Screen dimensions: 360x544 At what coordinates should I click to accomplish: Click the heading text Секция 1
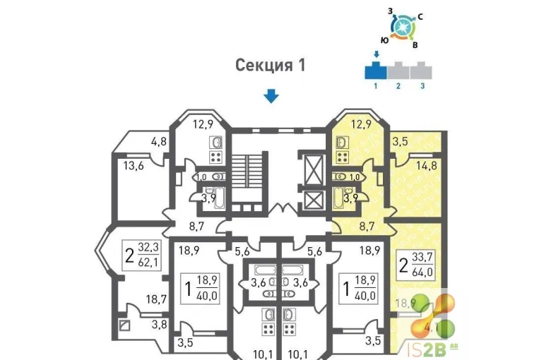(271, 66)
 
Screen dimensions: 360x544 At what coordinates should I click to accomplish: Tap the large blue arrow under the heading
(271, 96)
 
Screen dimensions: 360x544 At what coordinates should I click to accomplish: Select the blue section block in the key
(376, 71)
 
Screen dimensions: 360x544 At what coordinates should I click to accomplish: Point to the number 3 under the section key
(422, 86)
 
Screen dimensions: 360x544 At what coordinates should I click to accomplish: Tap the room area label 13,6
(134, 167)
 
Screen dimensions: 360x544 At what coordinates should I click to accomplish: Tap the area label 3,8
(159, 325)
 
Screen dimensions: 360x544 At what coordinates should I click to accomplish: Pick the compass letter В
(415, 45)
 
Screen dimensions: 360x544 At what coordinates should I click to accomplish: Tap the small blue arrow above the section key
(377, 54)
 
